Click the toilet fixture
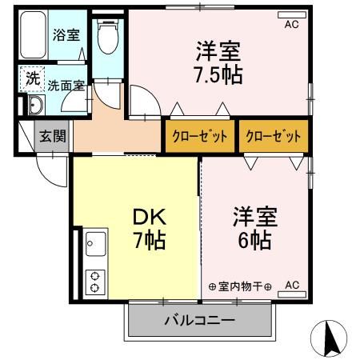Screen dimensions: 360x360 (106, 36)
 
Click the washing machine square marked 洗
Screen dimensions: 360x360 (31, 78)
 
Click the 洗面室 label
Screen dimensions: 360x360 (64, 85)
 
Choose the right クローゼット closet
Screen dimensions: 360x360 (274, 135)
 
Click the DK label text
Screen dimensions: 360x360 (149, 216)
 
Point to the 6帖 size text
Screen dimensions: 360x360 (254, 239)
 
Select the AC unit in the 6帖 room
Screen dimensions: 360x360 (291, 286)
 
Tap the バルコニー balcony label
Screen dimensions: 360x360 (200, 322)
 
